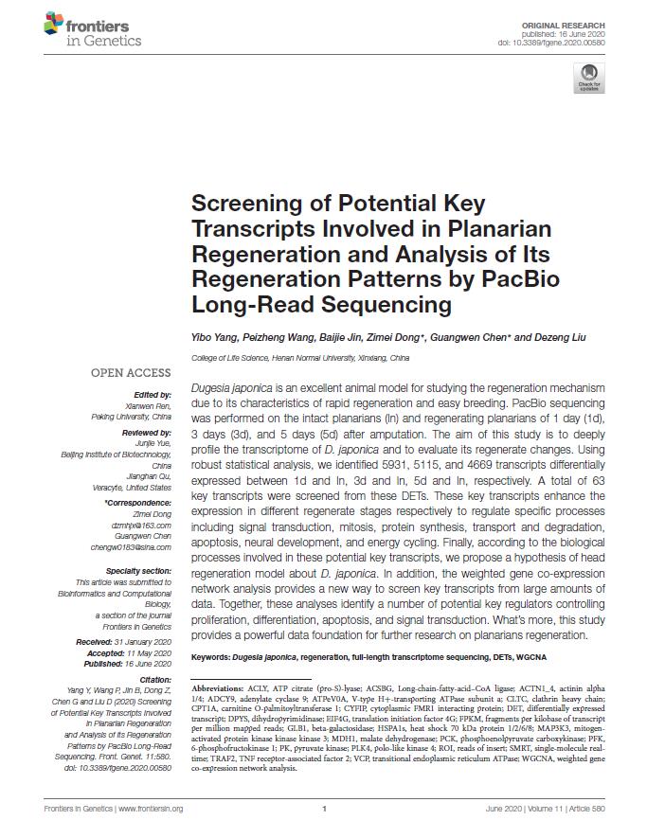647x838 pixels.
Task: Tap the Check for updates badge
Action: pyautogui.click(x=587, y=78)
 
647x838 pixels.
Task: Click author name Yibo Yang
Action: pyautogui.click(x=214, y=337)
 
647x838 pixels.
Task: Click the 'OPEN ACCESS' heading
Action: pyautogui.click(x=131, y=373)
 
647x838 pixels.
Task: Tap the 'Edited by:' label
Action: pyautogui.click(x=152, y=394)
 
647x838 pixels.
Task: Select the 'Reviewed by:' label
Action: pyautogui.click(x=147, y=431)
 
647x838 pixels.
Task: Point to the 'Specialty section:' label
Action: pyautogui.click(x=138, y=571)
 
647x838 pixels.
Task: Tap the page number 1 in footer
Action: pyautogui.click(x=324, y=809)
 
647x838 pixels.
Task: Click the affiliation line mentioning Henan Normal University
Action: pyautogui.click(x=300, y=359)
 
